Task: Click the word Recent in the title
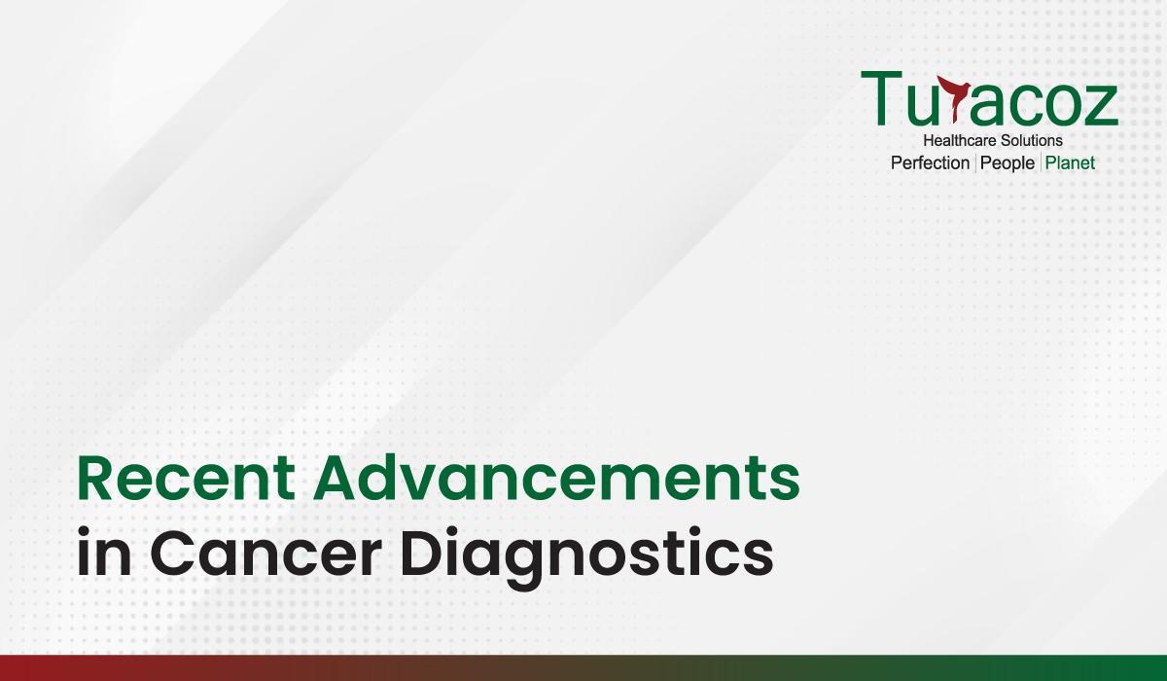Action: click(x=186, y=478)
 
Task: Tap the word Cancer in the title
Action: click(x=266, y=553)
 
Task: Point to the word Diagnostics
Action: click(x=586, y=556)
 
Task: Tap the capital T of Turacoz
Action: click(x=881, y=98)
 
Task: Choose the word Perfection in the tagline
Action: click(x=930, y=163)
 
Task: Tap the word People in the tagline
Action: click(x=1008, y=163)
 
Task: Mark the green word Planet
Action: click(x=1070, y=163)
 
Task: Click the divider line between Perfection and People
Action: click(x=975, y=163)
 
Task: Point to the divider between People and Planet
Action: click(x=1041, y=163)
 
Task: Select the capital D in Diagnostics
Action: click(x=420, y=553)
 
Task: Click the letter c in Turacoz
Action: click(x=1016, y=105)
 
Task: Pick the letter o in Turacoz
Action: click(x=1056, y=105)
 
